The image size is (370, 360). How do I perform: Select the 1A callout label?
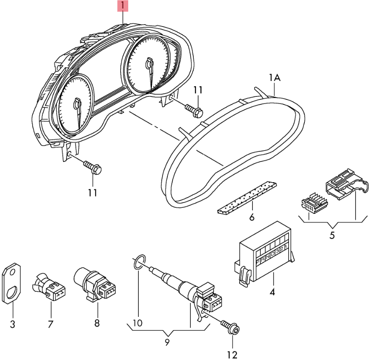274,78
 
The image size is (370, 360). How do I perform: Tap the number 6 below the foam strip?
252,217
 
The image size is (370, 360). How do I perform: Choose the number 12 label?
232,354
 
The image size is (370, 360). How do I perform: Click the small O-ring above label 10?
137,263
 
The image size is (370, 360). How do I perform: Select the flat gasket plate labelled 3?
12,284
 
